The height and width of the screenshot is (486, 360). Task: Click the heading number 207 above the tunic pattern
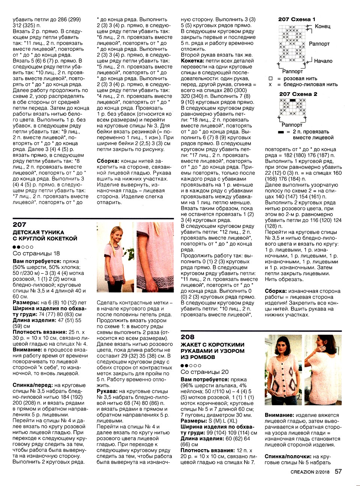point(19,225)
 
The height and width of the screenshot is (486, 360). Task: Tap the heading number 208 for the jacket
point(187,337)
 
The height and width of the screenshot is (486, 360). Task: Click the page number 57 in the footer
point(338,471)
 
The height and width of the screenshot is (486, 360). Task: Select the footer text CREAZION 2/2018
point(310,472)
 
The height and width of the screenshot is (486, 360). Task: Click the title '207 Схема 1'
point(297,19)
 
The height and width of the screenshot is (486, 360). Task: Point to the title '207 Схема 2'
point(298,94)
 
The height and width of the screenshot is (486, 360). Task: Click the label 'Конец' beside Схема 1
point(322,26)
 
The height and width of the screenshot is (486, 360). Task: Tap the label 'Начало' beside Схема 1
point(323,61)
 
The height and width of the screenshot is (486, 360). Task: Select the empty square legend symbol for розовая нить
point(270,79)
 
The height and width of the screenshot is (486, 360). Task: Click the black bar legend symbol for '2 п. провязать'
point(281,132)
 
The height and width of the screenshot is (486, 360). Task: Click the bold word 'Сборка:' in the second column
point(108,161)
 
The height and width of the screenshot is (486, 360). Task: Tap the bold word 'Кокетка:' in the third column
point(192,61)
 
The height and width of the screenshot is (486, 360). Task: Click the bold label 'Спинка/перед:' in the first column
point(32,385)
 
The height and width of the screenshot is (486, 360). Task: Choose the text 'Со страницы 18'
point(36,253)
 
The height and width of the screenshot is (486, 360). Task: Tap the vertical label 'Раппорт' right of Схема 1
point(319,44)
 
